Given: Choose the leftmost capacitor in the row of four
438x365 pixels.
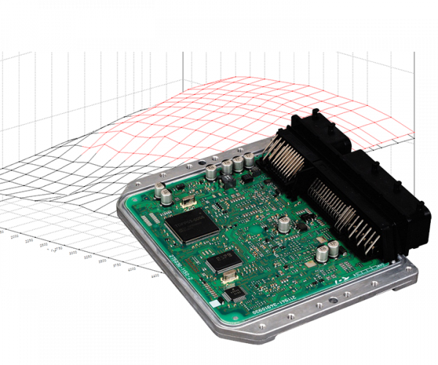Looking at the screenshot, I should point(211,173).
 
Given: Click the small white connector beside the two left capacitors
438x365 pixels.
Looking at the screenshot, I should point(187,199).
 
